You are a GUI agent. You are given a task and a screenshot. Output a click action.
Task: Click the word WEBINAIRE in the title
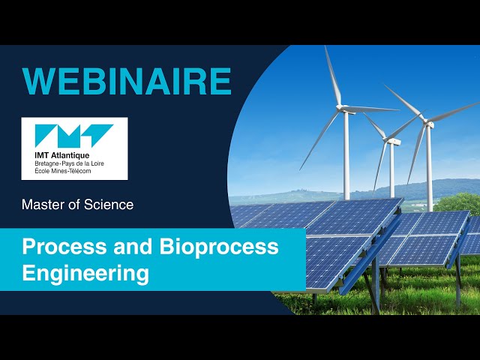[127, 81]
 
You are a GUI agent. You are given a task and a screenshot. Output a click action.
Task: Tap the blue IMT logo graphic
[74, 136]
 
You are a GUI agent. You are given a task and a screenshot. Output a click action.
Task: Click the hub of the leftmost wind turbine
[346, 109]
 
